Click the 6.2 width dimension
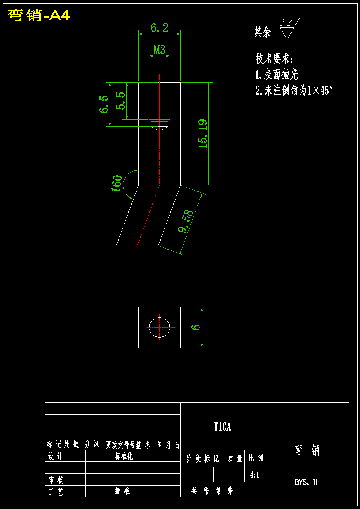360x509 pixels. click(159, 28)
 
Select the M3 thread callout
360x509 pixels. click(159, 50)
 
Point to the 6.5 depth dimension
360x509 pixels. click(104, 104)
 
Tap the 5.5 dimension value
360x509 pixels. click(121, 101)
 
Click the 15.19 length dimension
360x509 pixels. click(203, 134)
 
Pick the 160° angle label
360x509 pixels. click(116, 183)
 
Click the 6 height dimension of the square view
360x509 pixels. click(196, 327)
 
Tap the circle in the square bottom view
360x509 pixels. click(159, 327)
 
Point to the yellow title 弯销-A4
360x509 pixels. click(39, 16)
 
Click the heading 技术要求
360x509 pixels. click(274, 59)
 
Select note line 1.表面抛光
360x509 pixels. click(276, 75)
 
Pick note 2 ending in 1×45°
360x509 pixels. click(294, 90)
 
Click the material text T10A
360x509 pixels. click(222, 426)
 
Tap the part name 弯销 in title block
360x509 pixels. click(307, 450)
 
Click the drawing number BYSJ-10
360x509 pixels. click(306, 482)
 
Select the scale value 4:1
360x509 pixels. click(255, 474)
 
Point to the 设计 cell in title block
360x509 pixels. click(55, 456)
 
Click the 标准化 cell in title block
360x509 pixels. click(124, 456)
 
